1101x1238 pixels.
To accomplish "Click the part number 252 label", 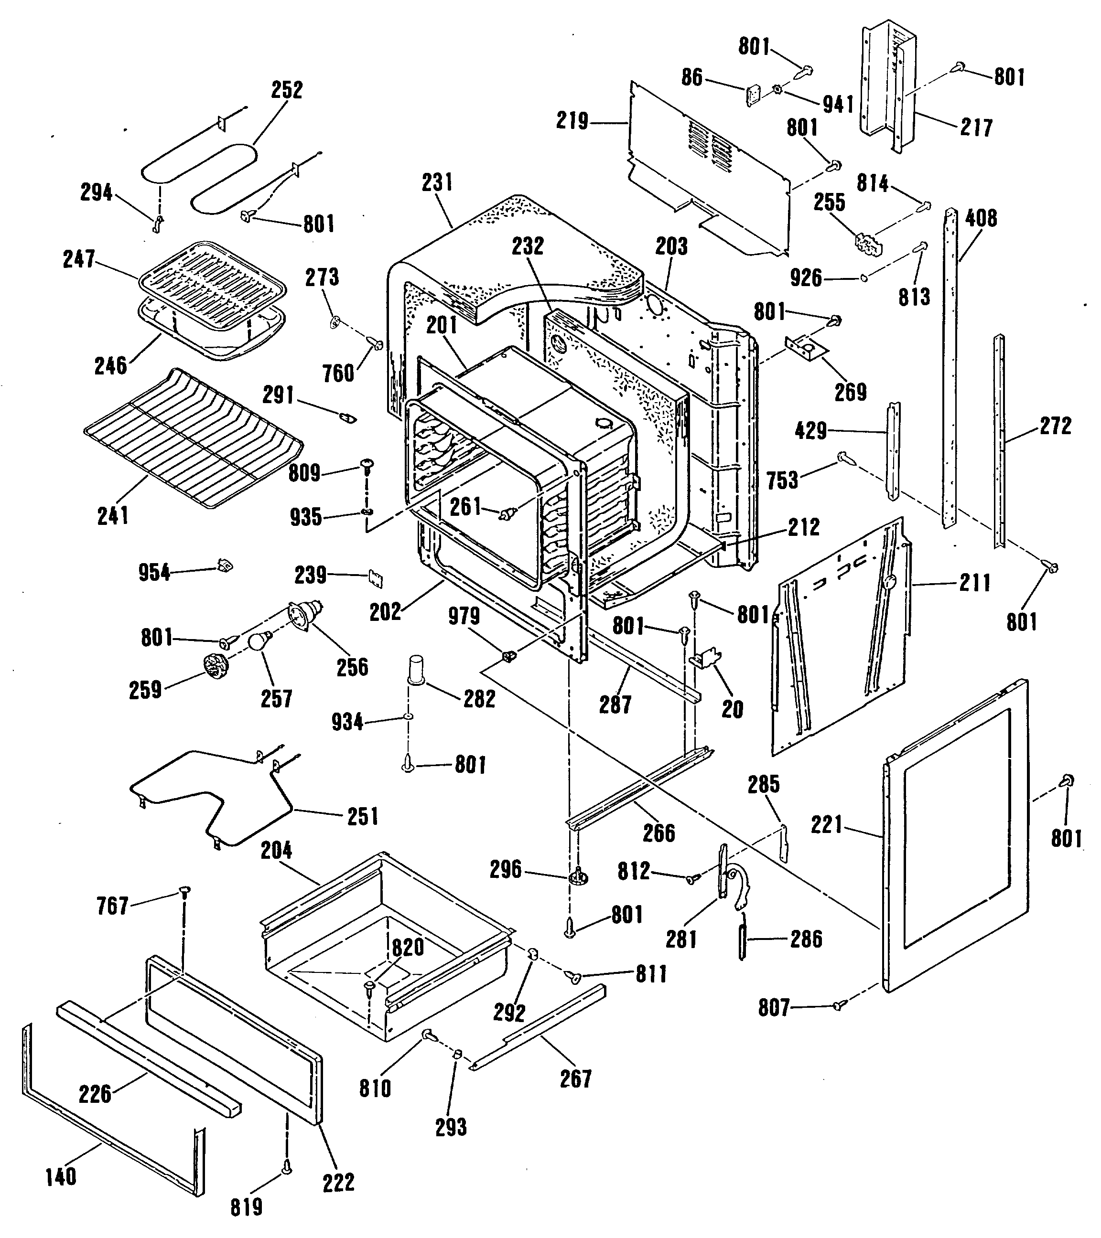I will pyautogui.click(x=287, y=90).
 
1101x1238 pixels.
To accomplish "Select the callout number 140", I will pyautogui.click(x=61, y=1177).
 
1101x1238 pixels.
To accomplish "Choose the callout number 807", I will pyautogui.click(x=774, y=1008).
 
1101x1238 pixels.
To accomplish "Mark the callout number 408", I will pyautogui.click(x=981, y=218).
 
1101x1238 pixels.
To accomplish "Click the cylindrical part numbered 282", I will pyautogui.click(x=416, y=669).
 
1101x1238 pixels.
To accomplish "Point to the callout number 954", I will pyautogui.click(x=154, y=572).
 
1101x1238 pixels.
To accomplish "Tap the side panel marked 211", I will pyautogui.click(x=842, y=636).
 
